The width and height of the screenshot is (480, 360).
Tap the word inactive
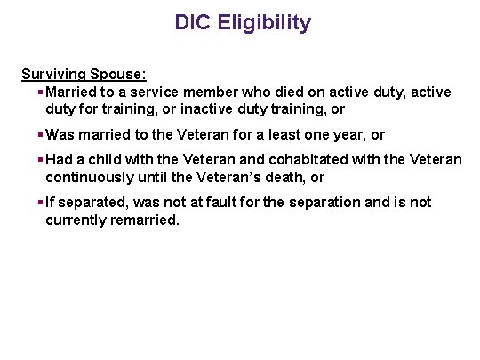(x=255, y=108)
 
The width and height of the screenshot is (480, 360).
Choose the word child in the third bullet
(x=108, y=160)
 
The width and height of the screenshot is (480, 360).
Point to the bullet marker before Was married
(x=40, y=135)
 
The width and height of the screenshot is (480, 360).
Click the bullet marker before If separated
(x=40, y=203)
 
